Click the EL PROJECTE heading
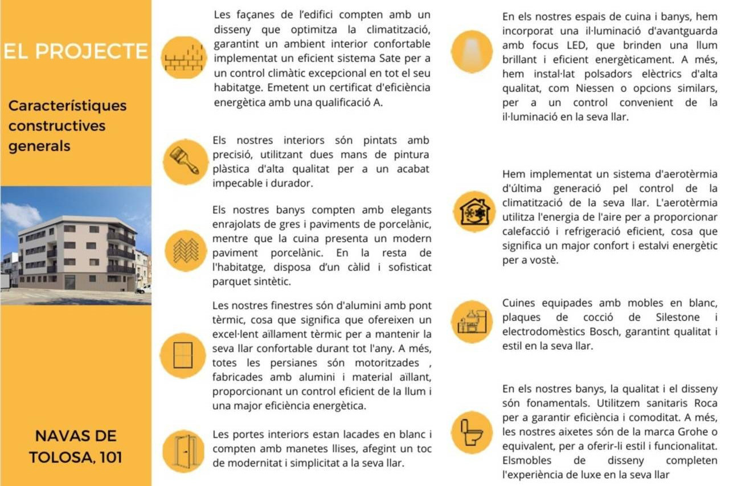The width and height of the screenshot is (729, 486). (76, 51)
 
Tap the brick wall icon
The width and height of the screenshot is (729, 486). (184, 58)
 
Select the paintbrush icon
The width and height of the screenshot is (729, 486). (185, 161)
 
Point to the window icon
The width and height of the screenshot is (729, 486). (183, 355)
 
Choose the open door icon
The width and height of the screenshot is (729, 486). (183, 451)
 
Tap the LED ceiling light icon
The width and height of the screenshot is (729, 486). (472, 51)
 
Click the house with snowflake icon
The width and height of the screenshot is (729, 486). (474, 211)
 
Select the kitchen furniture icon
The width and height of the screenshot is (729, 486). (472, 321)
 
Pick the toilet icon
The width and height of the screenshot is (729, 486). (472, 432)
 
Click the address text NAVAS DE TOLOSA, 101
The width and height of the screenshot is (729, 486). (76, 446)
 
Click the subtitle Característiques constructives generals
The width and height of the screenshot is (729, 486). (67, 125)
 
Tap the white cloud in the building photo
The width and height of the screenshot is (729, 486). (21, 215)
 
